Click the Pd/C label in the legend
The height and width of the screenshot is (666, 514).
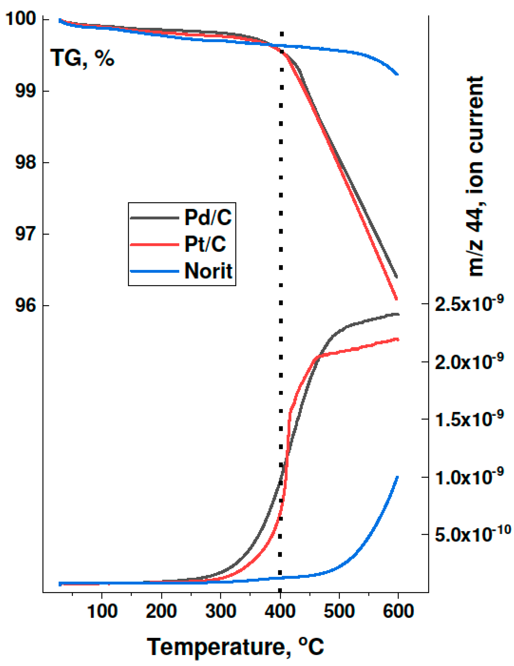point(208,217)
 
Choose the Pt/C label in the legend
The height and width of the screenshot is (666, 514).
point(205,244)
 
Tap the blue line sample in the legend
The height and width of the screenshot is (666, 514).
point(154,271)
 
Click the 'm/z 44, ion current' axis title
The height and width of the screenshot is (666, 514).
point(475,177)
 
